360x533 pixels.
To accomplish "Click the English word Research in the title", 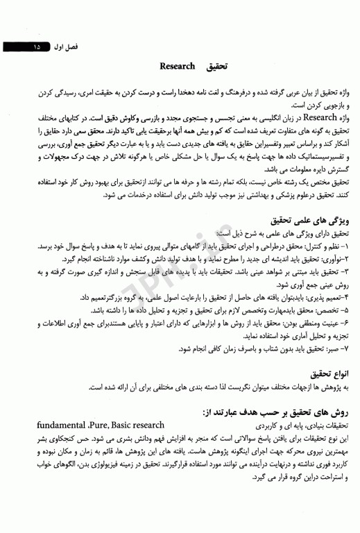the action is click(178, 67).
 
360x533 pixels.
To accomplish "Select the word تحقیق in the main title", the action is click(217, 67).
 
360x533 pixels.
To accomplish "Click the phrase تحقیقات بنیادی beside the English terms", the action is click(325, 425).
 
